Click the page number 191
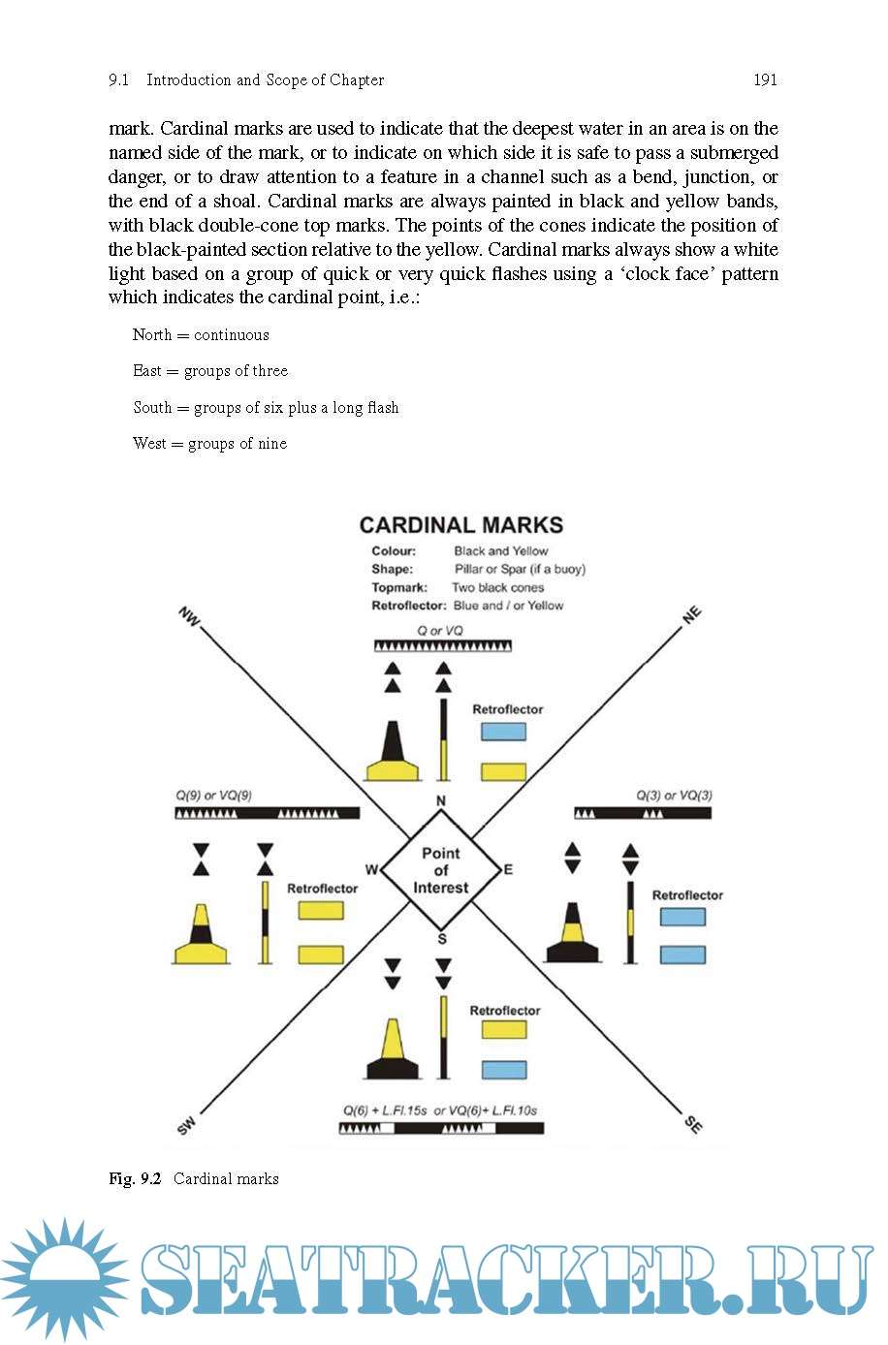point(765,80)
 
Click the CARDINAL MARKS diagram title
point(460,525)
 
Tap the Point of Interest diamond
point(441,870)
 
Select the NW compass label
point(188,616)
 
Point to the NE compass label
point(691,615)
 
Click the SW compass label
point(186,1125)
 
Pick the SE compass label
point(693,1124)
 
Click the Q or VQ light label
point(440,630)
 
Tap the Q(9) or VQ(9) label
point(213,796)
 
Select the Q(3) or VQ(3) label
point(674,796)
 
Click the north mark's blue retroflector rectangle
point(503,732)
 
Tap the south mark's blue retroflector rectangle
point(504,1069)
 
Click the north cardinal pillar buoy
point(393,753)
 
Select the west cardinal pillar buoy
point(201,935)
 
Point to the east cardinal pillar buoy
point(572,933)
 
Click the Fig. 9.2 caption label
point(135,1178)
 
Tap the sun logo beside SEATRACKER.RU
point(65,1279)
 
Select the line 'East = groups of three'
point(210,371)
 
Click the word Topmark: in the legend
point(399,587)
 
